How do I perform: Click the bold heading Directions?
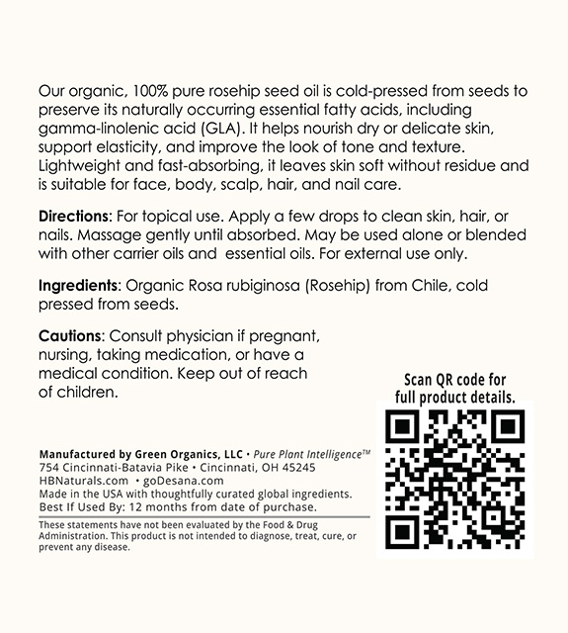pyautogui.click(x=74, y=217)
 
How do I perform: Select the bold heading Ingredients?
pyautogui.click(x=77, y=286)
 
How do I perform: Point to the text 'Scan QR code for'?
pyautogui.click(x=454, y=380)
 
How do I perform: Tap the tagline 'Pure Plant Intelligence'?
pyautogui.click(x=306, y=453)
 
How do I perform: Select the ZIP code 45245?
pyautogui.click(x=299, y=467)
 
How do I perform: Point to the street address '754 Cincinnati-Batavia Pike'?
pyautogui.click(x=111, y=467)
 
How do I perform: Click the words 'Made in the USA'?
pyautogui.click(x=76, y=494)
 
